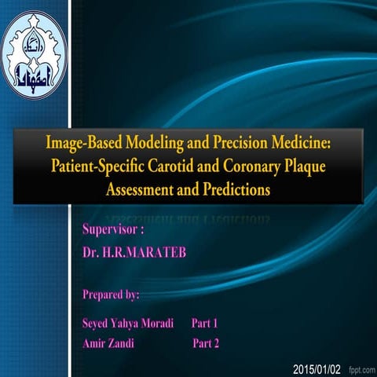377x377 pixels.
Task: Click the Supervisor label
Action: [x=113, y=232]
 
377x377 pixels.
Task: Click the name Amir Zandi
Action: [x=109, y=343]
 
